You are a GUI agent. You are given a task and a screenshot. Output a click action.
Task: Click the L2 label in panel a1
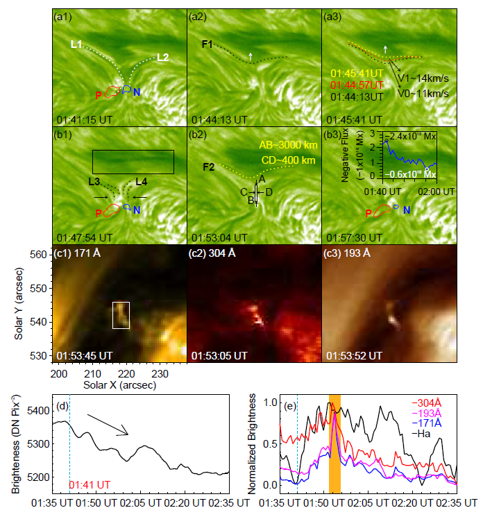[x=163, y=56]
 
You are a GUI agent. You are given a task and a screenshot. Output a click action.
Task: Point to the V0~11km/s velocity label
[x=423, y=92]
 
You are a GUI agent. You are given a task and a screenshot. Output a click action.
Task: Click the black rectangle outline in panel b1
[x=133, y=162]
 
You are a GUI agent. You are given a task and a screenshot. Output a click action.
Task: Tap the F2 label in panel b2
[x=207, y=167]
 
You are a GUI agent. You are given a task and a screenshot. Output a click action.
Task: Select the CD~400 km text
[x=287, y=160]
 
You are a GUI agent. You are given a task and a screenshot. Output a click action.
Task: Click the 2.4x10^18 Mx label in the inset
[x=412, y=137]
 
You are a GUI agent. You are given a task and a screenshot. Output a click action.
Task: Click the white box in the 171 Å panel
[x=121, y=314]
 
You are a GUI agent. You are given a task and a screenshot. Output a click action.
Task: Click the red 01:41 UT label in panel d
[x=87, y=484]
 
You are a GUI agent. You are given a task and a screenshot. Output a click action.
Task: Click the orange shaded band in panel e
[x=334, y=443]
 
